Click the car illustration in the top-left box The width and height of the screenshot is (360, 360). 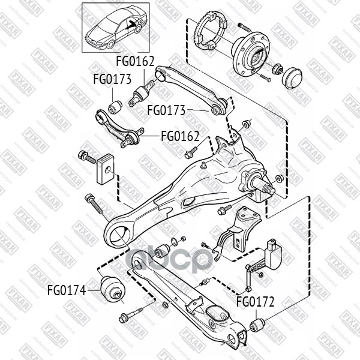click(x=114, y=26)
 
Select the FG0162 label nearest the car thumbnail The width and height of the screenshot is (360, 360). click(x=134, y=61)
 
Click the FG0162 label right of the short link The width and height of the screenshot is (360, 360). click(x=179, y=135)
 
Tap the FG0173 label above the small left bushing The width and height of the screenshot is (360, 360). click(x=112, y=79)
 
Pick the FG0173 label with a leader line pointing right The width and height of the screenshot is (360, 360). click(x=166, y=110)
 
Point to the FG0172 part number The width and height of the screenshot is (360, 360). click(x=254, y=302)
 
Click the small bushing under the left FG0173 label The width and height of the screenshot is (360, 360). click(x=115, y=106)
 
